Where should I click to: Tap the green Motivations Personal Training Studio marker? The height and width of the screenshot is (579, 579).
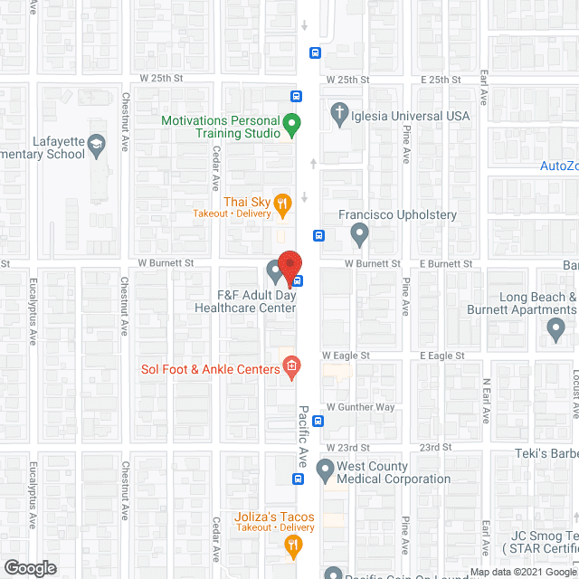point(291,124)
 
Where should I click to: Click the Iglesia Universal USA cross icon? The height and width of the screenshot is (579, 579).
point(339,114)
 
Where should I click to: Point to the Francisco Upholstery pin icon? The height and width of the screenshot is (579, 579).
point(360,235)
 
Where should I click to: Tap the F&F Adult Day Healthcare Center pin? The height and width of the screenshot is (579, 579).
point(274,271)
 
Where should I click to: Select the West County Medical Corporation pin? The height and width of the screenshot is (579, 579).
point(325,470)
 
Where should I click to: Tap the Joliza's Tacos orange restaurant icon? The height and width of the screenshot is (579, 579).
point(292,544)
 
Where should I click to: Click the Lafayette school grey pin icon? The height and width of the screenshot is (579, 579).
point(100,143)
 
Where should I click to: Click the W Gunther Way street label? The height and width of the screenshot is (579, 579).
point(361,407)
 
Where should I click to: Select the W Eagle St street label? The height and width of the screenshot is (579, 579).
point(347,356)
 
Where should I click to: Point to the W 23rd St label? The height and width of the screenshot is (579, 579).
point(348,448)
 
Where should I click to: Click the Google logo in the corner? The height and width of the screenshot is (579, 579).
point(30,567)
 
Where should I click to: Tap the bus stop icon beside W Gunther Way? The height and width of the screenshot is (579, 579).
point(318,420)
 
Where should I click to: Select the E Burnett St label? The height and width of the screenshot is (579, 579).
point(447,263)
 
